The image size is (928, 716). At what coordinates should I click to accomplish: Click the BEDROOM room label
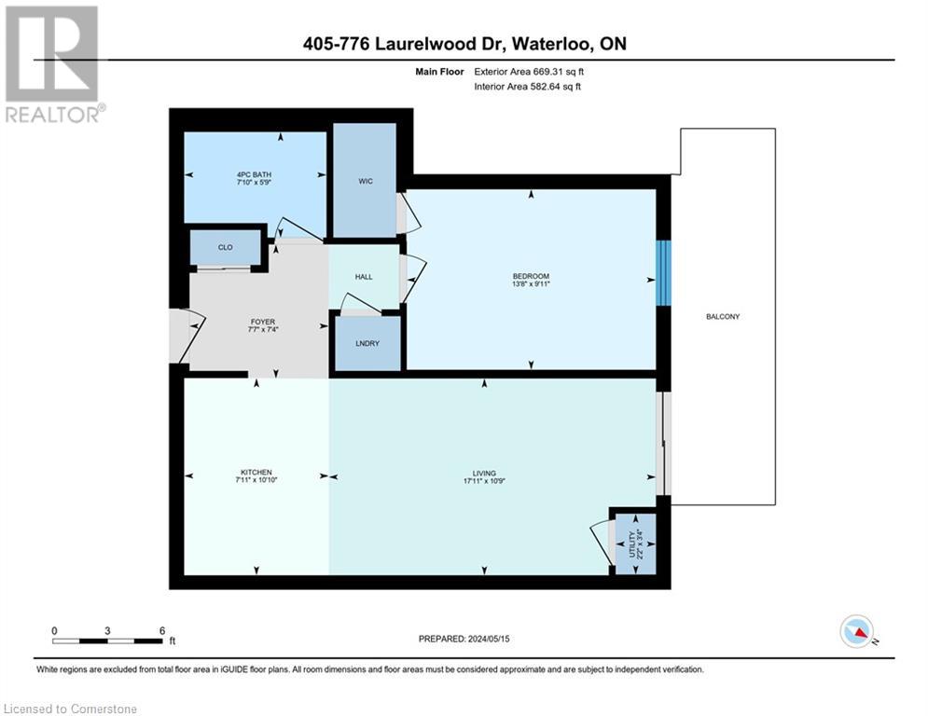[x=531, y=276]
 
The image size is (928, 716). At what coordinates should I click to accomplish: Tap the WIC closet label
[x=365, y=181]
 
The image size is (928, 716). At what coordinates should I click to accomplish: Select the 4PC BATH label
[x=254, y=173]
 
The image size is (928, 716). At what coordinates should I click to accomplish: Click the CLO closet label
[x=225, y=247]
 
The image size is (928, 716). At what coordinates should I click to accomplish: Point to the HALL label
[x=364, y=277]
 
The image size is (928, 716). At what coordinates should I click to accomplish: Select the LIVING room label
[x=484, y=473]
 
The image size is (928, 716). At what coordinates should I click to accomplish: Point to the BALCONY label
[x=723, y=317]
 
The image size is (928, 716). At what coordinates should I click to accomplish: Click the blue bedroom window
[x=662, y=273]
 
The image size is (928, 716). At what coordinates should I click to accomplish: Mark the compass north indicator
[x=856, y=632]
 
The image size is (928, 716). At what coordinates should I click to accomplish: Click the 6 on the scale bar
[x=162, y=630]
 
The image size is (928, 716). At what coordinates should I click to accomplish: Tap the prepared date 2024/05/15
[x=464, y=639]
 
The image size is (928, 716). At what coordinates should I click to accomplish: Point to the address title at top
[x=464, y=44]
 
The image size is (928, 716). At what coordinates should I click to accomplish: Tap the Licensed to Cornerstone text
[x=70, y=709]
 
